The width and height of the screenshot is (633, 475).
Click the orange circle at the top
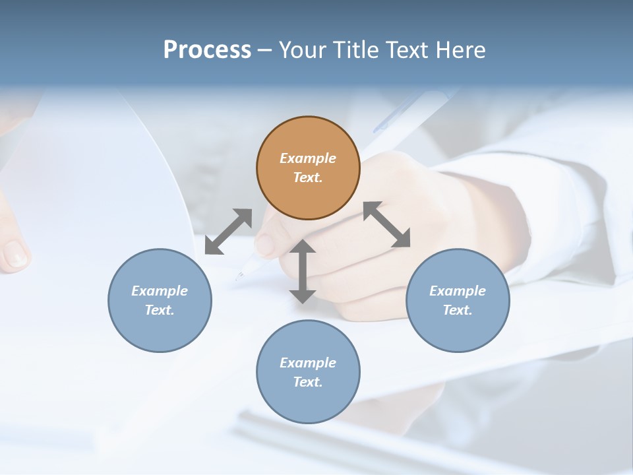click(x=308, y=168)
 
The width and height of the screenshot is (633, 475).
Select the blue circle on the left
click(x=160, y=300)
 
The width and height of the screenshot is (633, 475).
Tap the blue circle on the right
click(x=458, y=300)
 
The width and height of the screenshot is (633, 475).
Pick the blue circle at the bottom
click(x=308, y=372)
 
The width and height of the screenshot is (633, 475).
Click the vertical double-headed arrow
click(x=303, y=271)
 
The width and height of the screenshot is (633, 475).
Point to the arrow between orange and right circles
click(x=387, y=224)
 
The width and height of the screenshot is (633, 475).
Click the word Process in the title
click(x=207, y=49)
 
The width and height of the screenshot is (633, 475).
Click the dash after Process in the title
click(x=264, y=50)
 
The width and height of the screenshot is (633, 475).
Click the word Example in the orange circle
click(x=308, y=158)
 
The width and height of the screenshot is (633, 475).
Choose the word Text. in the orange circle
click(x=308, y=177)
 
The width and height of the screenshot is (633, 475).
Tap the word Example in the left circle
click(x=160, y=291)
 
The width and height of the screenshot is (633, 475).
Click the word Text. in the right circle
click(x=458, y=310)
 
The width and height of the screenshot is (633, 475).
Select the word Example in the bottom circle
click(x=308, y=363)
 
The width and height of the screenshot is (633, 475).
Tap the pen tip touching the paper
click(x=239, y=276)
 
